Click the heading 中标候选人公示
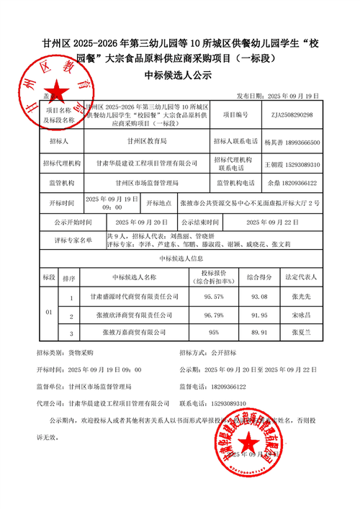point(180,74)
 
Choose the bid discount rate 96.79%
point(213,315)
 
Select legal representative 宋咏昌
point(301,315)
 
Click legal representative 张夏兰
point(301,333)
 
